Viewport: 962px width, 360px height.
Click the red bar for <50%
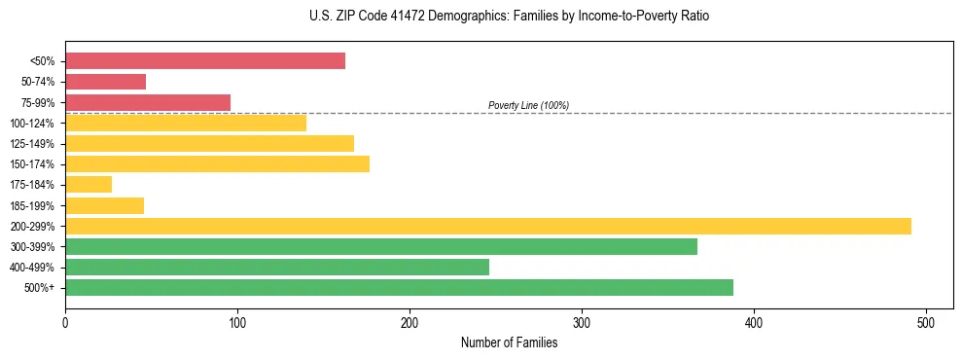(205, 61)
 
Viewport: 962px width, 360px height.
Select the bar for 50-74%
(105, 82)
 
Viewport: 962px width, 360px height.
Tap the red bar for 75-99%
(148, 102)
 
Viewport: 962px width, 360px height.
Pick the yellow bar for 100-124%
(186, 123)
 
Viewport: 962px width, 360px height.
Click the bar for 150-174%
(217, 164)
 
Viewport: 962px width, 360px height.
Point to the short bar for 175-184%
(89, 185)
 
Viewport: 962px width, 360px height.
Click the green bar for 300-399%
(381, 246)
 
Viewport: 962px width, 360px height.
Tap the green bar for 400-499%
(277, 267)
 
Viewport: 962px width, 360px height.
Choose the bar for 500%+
(399, 288)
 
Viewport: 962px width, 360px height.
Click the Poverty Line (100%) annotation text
(528, 105)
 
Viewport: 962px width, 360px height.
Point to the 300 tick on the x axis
(582, 322)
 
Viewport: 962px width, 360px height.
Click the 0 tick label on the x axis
(65, 322)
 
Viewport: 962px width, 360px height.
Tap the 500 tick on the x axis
(926, 322)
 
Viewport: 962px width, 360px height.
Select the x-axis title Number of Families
(509, 342)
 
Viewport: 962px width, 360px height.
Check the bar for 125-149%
(209, 144)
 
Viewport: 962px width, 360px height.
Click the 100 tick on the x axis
(237, 322)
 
